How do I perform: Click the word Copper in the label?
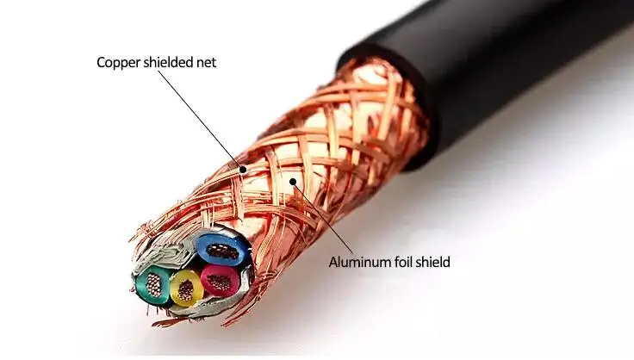point(118,62)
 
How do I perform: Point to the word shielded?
point(168,62)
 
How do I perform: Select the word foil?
point(404,262)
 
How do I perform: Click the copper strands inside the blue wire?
point(222,251)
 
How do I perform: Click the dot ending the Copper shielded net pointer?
point(244,170)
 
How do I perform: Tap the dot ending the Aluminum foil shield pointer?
point(294,181)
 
